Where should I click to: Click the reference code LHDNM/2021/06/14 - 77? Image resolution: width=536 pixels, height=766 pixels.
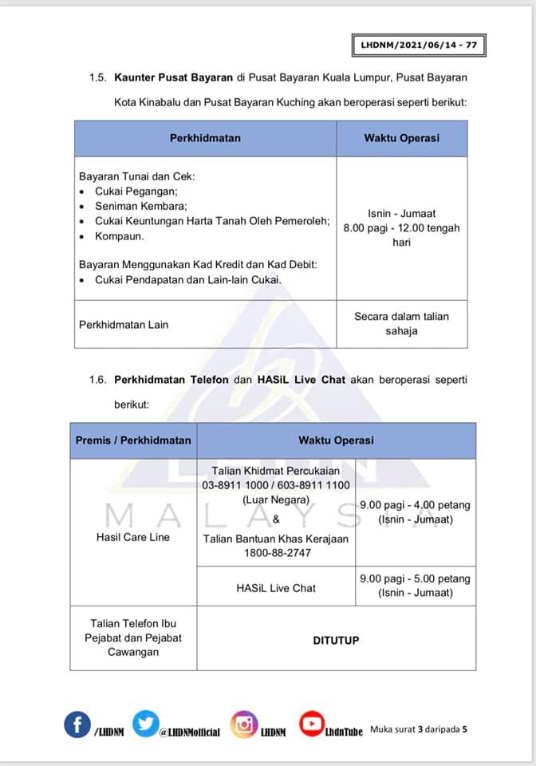tap(418, 45)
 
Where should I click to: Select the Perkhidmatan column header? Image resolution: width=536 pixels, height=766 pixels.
tap(205, 138)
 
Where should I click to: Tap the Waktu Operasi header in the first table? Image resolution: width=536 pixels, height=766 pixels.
tap(401, 138)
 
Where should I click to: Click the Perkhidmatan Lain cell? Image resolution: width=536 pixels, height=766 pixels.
tap(124, 325)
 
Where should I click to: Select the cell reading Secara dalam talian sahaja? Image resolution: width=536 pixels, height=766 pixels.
tap(401, 324)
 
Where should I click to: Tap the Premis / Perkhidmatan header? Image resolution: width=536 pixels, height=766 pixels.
tap(133, 440)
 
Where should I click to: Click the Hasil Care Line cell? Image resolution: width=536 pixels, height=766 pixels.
tap(133, 537)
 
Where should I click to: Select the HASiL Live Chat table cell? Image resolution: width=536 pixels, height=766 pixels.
tap(276, 588)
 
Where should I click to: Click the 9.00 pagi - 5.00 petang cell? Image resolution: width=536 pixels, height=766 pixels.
tap(415, 586)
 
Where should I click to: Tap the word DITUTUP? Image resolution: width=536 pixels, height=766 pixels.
tap(336, 640)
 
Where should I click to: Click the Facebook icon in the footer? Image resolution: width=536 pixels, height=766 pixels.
tap(77, 725)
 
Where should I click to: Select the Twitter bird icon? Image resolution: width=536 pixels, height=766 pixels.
tap(146, 724)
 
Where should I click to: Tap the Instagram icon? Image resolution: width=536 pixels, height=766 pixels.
tap(244, 724)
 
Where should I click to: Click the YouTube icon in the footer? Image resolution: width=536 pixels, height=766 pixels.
tap(311, 723)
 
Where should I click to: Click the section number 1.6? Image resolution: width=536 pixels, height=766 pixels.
tap(98, 380)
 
